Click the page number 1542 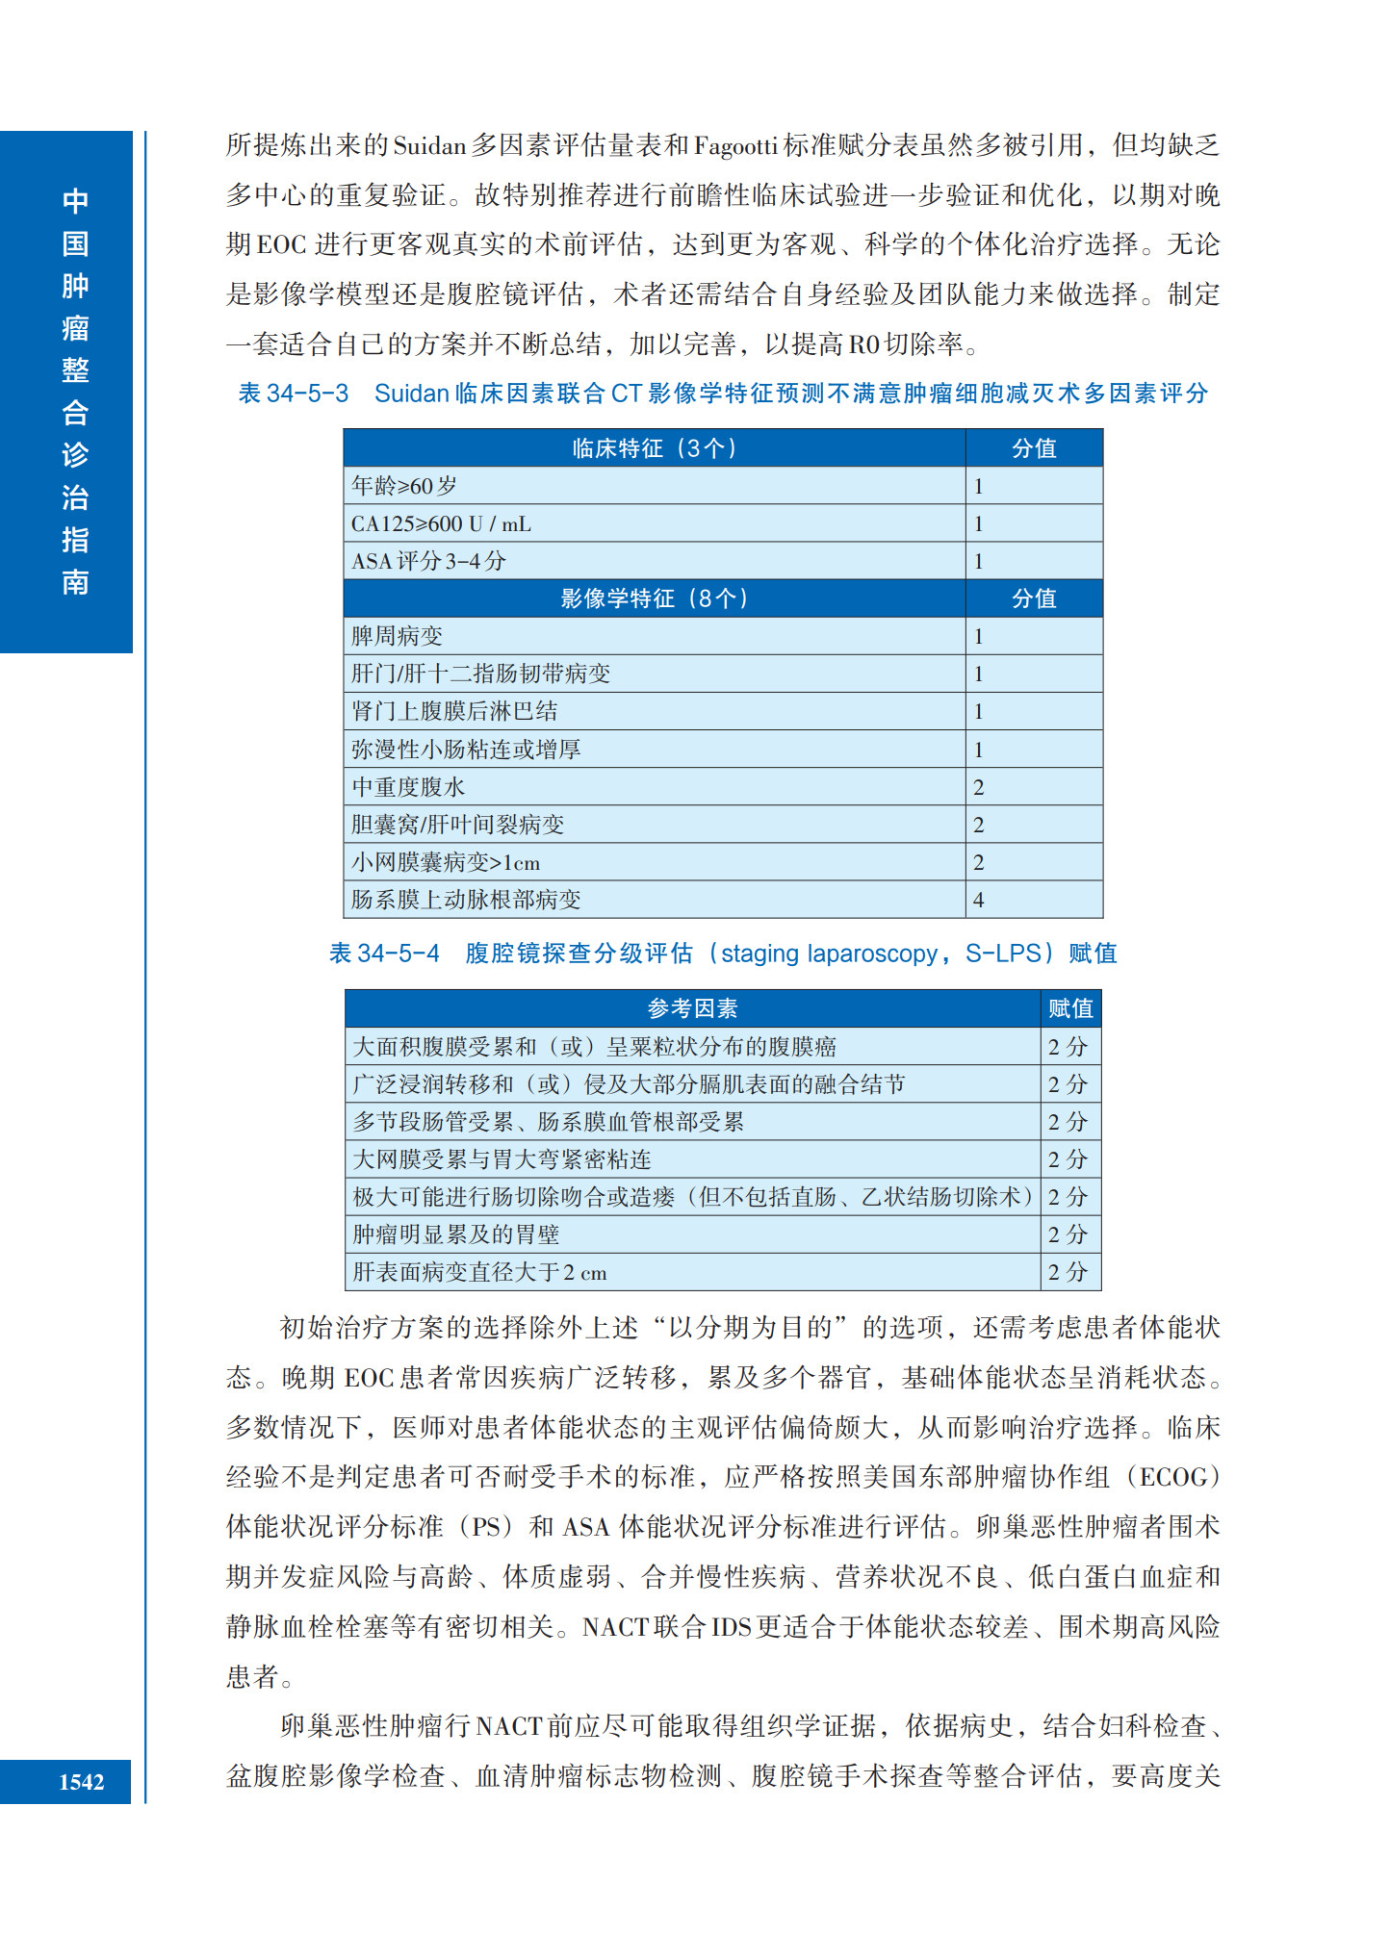coord(81,1781)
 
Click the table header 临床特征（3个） coord(654,448)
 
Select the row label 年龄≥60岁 coord(404,486)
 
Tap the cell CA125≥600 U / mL coord(441,523)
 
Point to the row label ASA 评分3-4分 coord(428,561)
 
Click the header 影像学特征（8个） coord(654,598)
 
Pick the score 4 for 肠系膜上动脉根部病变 coord(979,900)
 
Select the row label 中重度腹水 coord(408,787)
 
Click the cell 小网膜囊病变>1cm coord(446,862)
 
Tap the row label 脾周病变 coord(398,636)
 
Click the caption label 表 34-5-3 coord(294,394)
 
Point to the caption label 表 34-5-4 coord(384,954)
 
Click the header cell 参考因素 coord(692,1008)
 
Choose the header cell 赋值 coord(1070,1008)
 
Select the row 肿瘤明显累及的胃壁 coord(456,1234)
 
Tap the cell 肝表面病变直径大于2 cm coord(479,1272)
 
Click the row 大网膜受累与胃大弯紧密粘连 coord(502,1159)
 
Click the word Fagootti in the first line coord(735,146)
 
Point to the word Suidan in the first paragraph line coord(429,146)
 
